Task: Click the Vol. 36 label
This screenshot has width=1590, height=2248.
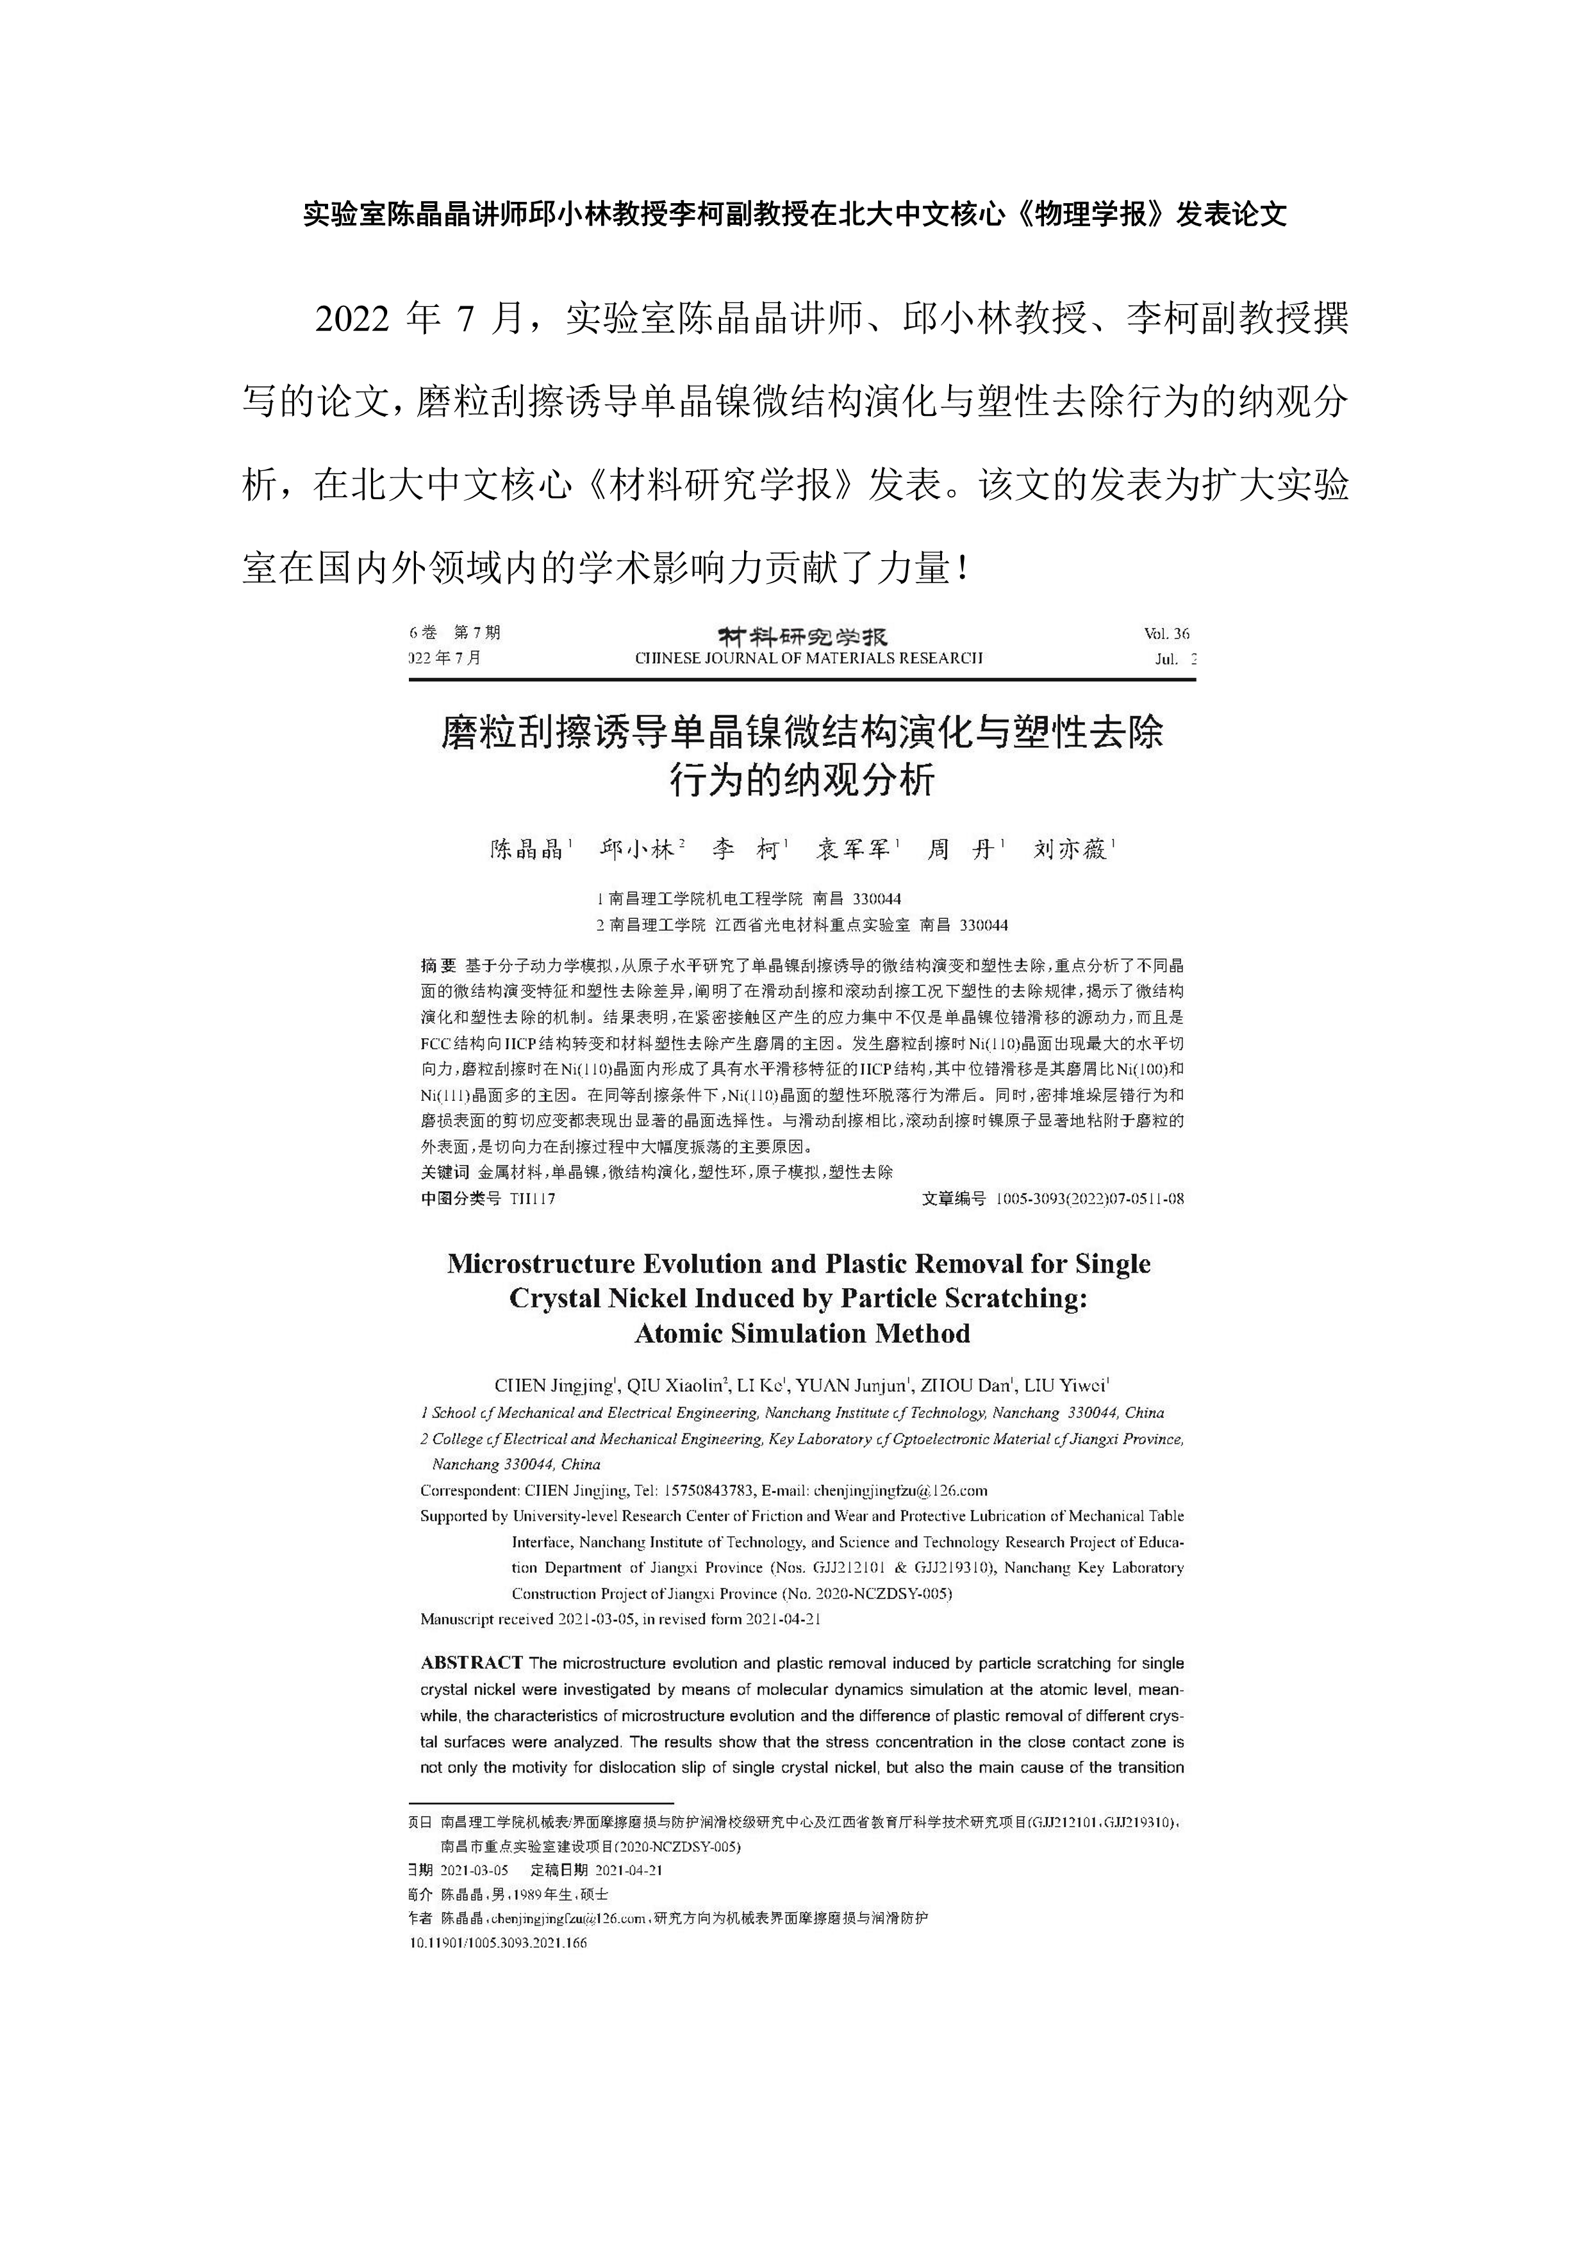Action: tap(1166, 634)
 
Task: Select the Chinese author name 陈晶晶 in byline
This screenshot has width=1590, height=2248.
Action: tap(527, 849)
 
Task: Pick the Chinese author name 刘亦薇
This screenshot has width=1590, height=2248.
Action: tap(1070, 849)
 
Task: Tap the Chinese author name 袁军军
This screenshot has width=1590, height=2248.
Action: tap(853, 849)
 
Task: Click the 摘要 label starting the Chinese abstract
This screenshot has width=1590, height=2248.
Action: tap(438, 965)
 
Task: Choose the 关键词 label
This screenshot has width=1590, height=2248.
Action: tap(445, 1172)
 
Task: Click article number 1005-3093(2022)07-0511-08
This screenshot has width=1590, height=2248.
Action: tap(1089, 1198)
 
